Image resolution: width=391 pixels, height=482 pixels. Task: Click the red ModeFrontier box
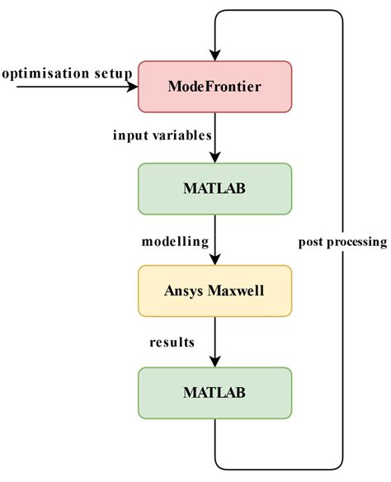pyautogui.click(x=214, y=86)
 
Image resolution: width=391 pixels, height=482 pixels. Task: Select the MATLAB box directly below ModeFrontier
pyautogui.click(x=214, y=188)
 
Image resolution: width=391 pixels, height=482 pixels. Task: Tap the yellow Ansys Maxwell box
pyautogui.click(x=214, y=291)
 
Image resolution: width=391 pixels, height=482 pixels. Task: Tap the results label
pyautogui.click(x=172, y=342)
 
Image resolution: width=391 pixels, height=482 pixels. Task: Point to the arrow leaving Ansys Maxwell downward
pyautogui.click(x=214, y=342)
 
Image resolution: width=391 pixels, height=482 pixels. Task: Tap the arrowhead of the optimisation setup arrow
pyautogui.click(x=131, y=86)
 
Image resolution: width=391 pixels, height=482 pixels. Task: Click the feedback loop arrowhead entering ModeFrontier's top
pyautogui.click(x=214, y=55)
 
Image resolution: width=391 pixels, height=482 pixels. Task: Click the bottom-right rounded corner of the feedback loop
pyautogui.click(x=337, y=463)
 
